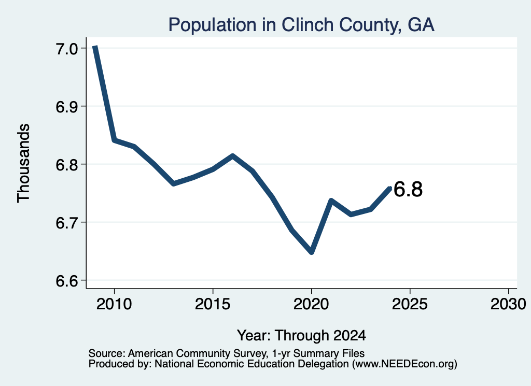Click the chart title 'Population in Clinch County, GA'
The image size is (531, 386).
point(301,25)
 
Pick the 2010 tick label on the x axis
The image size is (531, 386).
point(114,304)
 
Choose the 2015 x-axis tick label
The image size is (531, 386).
point(213,304)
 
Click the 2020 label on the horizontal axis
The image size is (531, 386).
point(311,304)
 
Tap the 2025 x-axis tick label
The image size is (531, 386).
point(410,304)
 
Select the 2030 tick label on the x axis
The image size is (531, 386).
point(508,304)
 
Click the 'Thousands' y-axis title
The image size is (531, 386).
point(24,163)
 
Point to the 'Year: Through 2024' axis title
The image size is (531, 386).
point(301,336)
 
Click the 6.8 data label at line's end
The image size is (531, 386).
point(408,190)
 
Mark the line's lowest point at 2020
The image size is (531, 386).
point(312,252)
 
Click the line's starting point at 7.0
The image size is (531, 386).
point(95,47)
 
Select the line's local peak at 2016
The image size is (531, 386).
point(233,156)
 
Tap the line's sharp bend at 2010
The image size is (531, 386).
point(115,140)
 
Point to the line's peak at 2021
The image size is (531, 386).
point(331,201)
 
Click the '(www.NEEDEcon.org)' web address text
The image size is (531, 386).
point(404,364)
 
